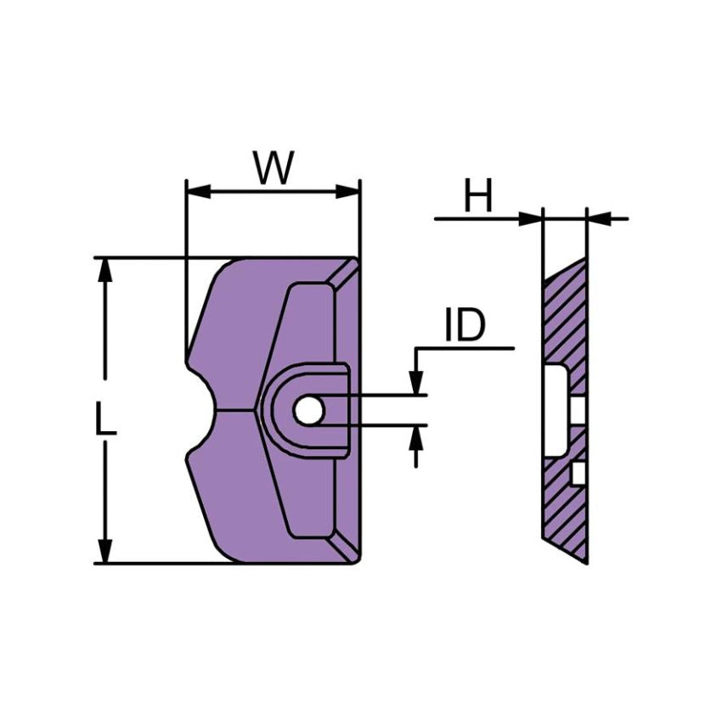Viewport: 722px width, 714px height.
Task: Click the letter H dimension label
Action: pyautogui.click(x=478, y=197)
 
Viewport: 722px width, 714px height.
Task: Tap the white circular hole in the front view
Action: pyautogui.click(x=308, y=410)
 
